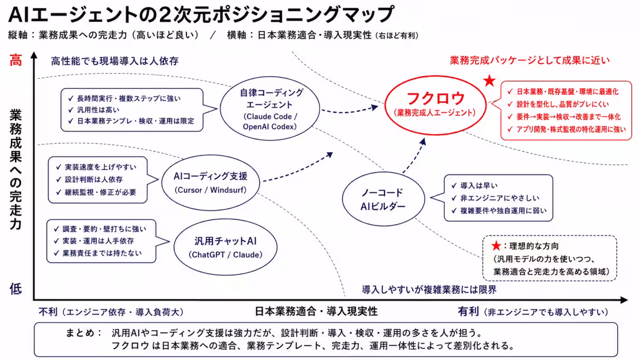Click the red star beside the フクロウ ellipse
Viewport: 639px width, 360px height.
489,81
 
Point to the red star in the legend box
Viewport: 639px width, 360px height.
496,246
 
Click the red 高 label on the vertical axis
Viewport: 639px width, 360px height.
15,60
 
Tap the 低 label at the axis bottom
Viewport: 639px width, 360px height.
15,289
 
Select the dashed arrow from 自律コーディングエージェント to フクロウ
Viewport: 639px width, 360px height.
350,111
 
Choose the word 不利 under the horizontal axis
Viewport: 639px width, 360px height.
48,312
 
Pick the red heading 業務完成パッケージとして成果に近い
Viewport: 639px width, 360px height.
530,60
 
